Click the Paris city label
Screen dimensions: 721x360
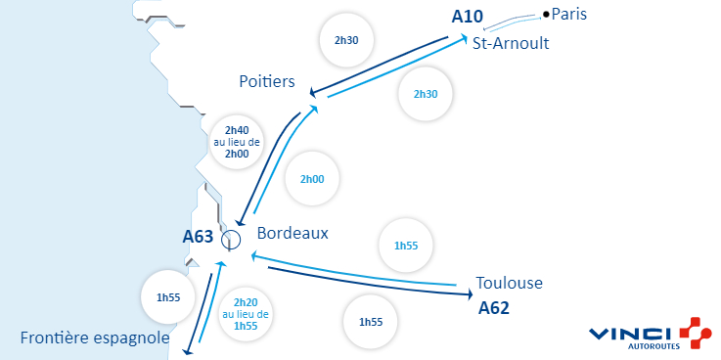click(570, 14)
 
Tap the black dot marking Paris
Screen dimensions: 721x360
click(546, 14)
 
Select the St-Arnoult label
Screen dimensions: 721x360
click(510, 44)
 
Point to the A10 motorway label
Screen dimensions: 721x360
click(469, 17)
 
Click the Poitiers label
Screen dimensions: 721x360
click(267, 81)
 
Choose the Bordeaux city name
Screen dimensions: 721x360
click(293, 234)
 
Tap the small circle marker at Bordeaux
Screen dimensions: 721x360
click(231, 239)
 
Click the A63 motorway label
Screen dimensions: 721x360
click(198, 236)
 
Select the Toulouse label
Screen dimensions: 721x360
click(509, 284)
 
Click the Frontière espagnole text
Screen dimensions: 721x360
click(95, 338)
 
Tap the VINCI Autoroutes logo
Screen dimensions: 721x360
click(651, 334)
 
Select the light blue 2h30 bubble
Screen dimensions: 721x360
click(426, 94)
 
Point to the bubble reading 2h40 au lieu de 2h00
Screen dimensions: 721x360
click(237, 142)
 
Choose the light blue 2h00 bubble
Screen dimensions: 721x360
click(312, 180)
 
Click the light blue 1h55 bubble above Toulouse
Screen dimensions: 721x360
click(405, 246)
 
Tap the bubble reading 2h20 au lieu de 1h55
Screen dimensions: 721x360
click(246, 314)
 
